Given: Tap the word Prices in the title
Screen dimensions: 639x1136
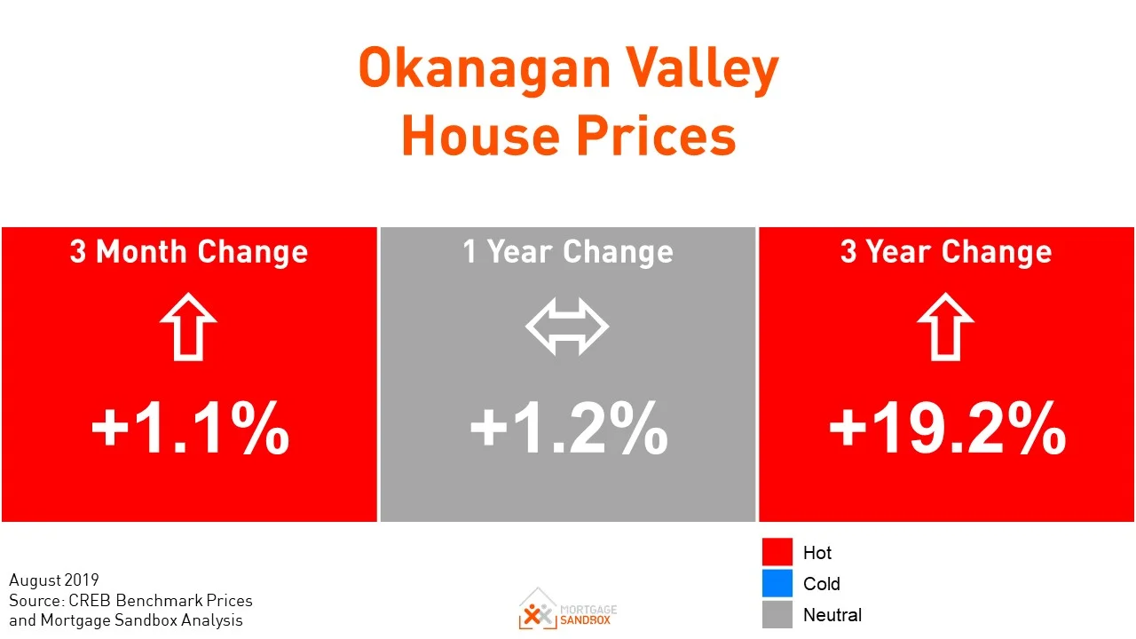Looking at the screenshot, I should tap(656, 137).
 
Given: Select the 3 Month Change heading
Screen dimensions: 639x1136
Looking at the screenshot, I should tap(189, 252).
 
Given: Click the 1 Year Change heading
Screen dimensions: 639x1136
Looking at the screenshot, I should tap(568, 252).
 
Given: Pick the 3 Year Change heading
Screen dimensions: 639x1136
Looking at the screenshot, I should tap(946, 252).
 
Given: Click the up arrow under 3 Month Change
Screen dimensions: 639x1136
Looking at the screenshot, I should tap(189, 327).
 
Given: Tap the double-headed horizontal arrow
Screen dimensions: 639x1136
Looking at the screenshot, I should tap(567, 327).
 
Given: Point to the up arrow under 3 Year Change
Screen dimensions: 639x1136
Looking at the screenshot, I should tap(946, 327).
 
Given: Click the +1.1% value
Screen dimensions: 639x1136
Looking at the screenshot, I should tap(190, 429).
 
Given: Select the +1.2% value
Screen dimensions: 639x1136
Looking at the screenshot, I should tap(568, 429).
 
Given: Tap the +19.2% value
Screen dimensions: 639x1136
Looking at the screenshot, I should tap(947, 429).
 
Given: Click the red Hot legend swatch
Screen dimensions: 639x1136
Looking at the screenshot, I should tap(777, 552).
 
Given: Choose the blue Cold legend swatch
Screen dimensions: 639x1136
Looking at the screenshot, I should tap(777, 583).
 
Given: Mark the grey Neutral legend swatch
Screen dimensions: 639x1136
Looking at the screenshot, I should tap(777, 614).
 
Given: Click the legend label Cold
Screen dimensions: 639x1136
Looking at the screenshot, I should tap(821, 584).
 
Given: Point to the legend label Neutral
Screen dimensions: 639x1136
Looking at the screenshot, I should tap(832, 615).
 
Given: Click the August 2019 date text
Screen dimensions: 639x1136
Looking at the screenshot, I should tap(54, 581).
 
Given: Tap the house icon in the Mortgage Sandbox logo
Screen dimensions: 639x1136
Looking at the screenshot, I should tap(536, 608).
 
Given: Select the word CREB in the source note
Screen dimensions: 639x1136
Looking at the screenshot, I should tap(83, 601).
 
